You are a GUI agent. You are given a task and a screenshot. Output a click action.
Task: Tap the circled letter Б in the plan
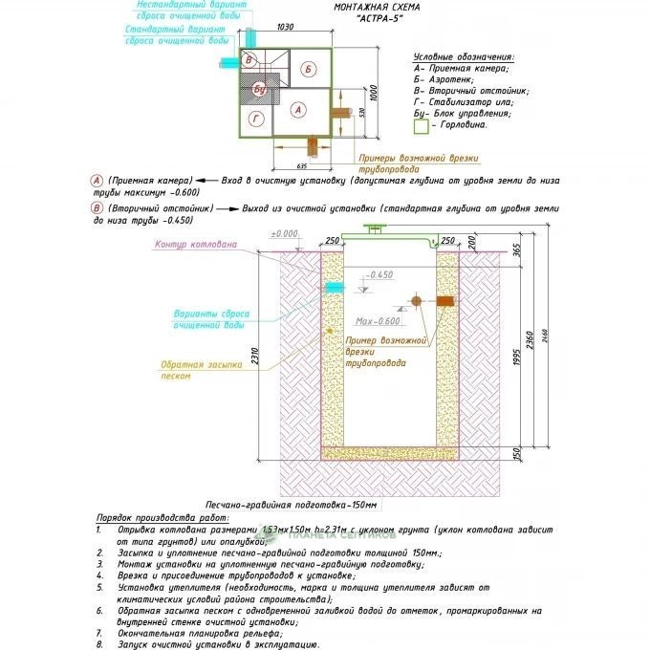(x=306, y=69)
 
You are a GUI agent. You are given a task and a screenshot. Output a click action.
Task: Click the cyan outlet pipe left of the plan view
(x=230, y=62)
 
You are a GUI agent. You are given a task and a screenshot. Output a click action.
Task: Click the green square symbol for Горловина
(x=421, y=125)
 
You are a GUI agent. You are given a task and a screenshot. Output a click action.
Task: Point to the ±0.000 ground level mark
(x=284, y=234)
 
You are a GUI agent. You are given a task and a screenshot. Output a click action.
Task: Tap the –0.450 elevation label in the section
(x=380, y=275)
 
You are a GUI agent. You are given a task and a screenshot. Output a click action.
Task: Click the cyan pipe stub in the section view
(x=335, y=289)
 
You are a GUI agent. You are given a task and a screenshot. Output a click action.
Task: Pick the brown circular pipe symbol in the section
(x=418, y=302)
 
